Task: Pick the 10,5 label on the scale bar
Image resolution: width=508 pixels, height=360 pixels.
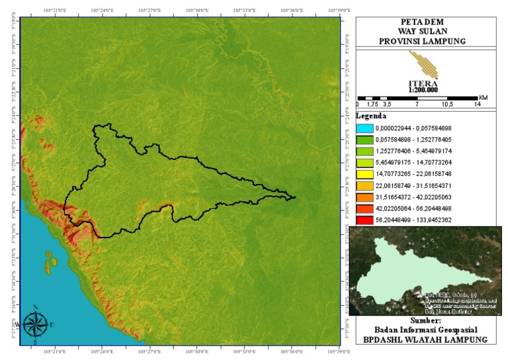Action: point(446,105)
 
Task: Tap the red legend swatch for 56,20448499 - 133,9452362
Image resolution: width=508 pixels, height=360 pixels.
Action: point(368,219)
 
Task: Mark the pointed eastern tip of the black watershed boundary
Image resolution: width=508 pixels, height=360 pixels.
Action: point(295,197)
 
